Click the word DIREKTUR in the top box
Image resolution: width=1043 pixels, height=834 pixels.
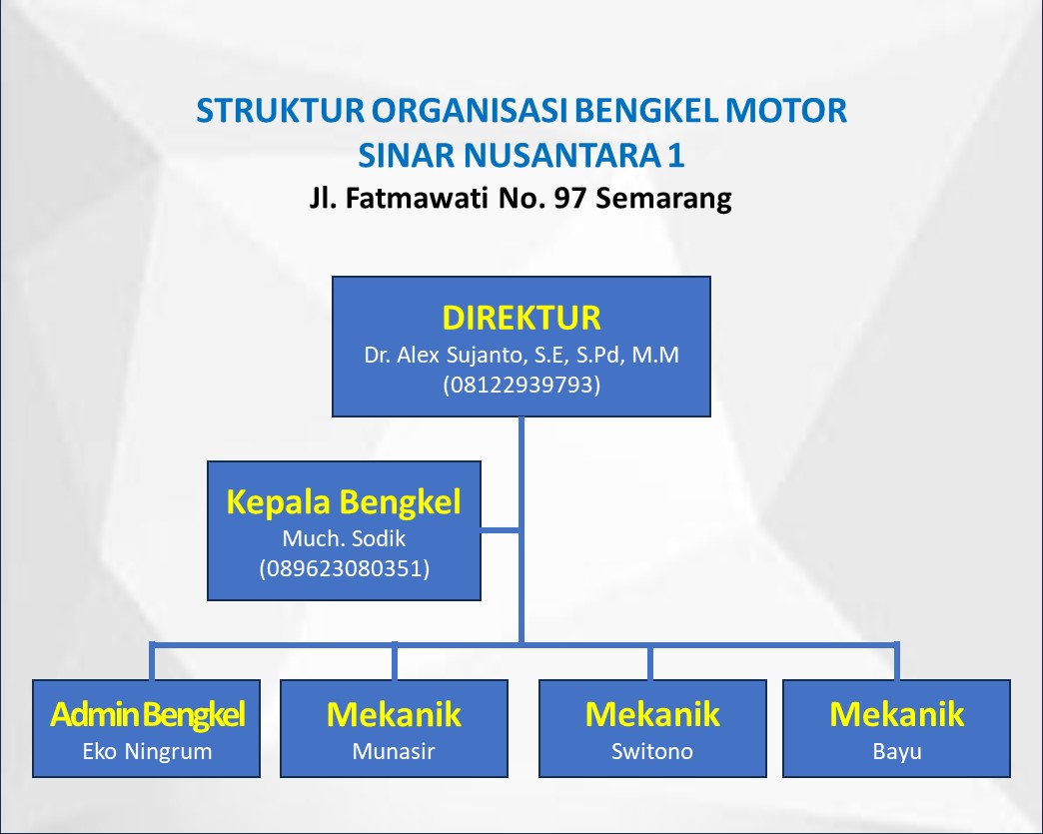(x=521, y=318)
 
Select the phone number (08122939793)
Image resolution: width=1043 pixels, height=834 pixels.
(x=521, y=385)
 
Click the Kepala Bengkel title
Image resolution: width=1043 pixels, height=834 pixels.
(x=344, y=501)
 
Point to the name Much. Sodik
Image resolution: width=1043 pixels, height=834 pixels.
(x=344, y=539)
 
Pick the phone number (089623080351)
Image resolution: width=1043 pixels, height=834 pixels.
(x=344, y=569)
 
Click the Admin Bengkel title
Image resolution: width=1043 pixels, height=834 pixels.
(x=147, y=714)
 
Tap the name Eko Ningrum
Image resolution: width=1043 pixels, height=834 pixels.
(x=147, y=751)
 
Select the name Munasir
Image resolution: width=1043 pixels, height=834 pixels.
(x=394, y=751)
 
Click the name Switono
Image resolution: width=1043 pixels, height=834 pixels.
(x=651, y=751)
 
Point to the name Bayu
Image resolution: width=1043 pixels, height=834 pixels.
(x=896, y=751)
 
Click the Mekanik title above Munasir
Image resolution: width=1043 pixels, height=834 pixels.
(x=394, y=714)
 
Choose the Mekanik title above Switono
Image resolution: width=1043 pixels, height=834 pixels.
(x=651, y=714)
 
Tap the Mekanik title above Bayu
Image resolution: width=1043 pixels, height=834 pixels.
(x=896, y=714)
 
